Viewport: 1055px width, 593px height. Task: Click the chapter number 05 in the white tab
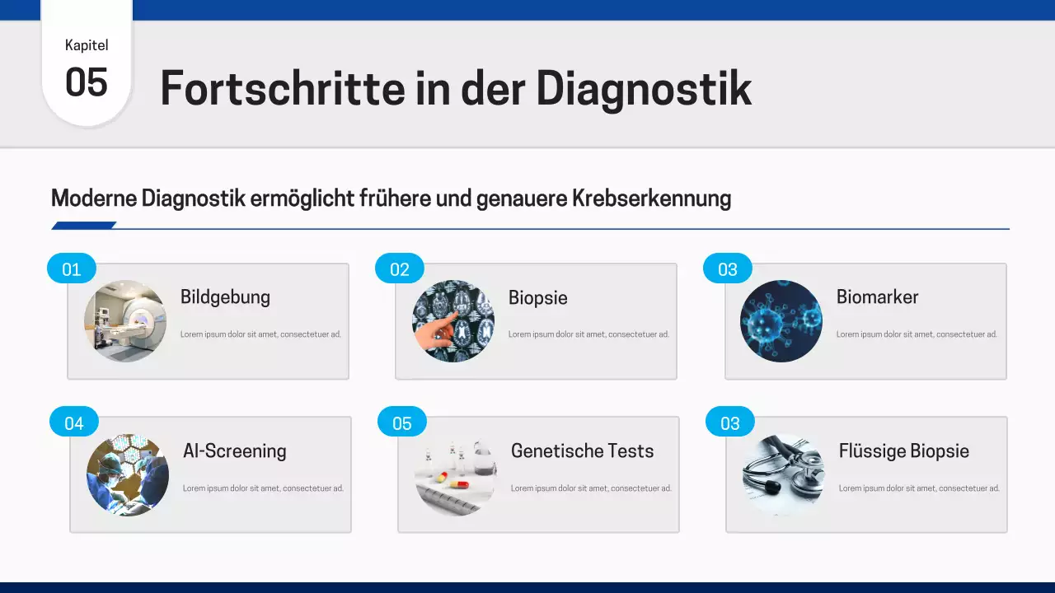tap(87, 83)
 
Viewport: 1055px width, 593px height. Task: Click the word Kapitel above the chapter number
tap(87, 45)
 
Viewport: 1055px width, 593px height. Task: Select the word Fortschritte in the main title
tap(282, 88)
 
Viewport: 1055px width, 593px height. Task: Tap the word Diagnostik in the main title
tap(644, 88)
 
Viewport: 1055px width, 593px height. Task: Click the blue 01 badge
tap(72, 268)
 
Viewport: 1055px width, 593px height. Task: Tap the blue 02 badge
tap(400, 268)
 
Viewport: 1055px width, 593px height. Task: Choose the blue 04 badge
tap(74, 423)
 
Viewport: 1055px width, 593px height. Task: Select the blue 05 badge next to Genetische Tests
tap(402, 423)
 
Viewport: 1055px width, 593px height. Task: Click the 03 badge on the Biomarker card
tap(728, 268)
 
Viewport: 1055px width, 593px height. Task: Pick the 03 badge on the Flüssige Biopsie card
tap(730, 423)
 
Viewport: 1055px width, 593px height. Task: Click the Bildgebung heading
tap(225, 296)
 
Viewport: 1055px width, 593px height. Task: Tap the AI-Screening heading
tap(235, 451)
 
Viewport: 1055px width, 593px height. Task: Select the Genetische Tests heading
tap(582, 451)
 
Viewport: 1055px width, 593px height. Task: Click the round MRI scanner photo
tap(125, 321)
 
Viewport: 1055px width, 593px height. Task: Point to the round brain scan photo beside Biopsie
tap(453, 321)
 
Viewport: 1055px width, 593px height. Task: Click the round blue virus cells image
tap(781, 321)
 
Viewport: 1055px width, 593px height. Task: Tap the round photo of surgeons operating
tap(128, 475)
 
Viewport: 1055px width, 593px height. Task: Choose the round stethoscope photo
tap(784, 475)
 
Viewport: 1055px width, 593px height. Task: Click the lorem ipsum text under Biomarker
tap(917, 334)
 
